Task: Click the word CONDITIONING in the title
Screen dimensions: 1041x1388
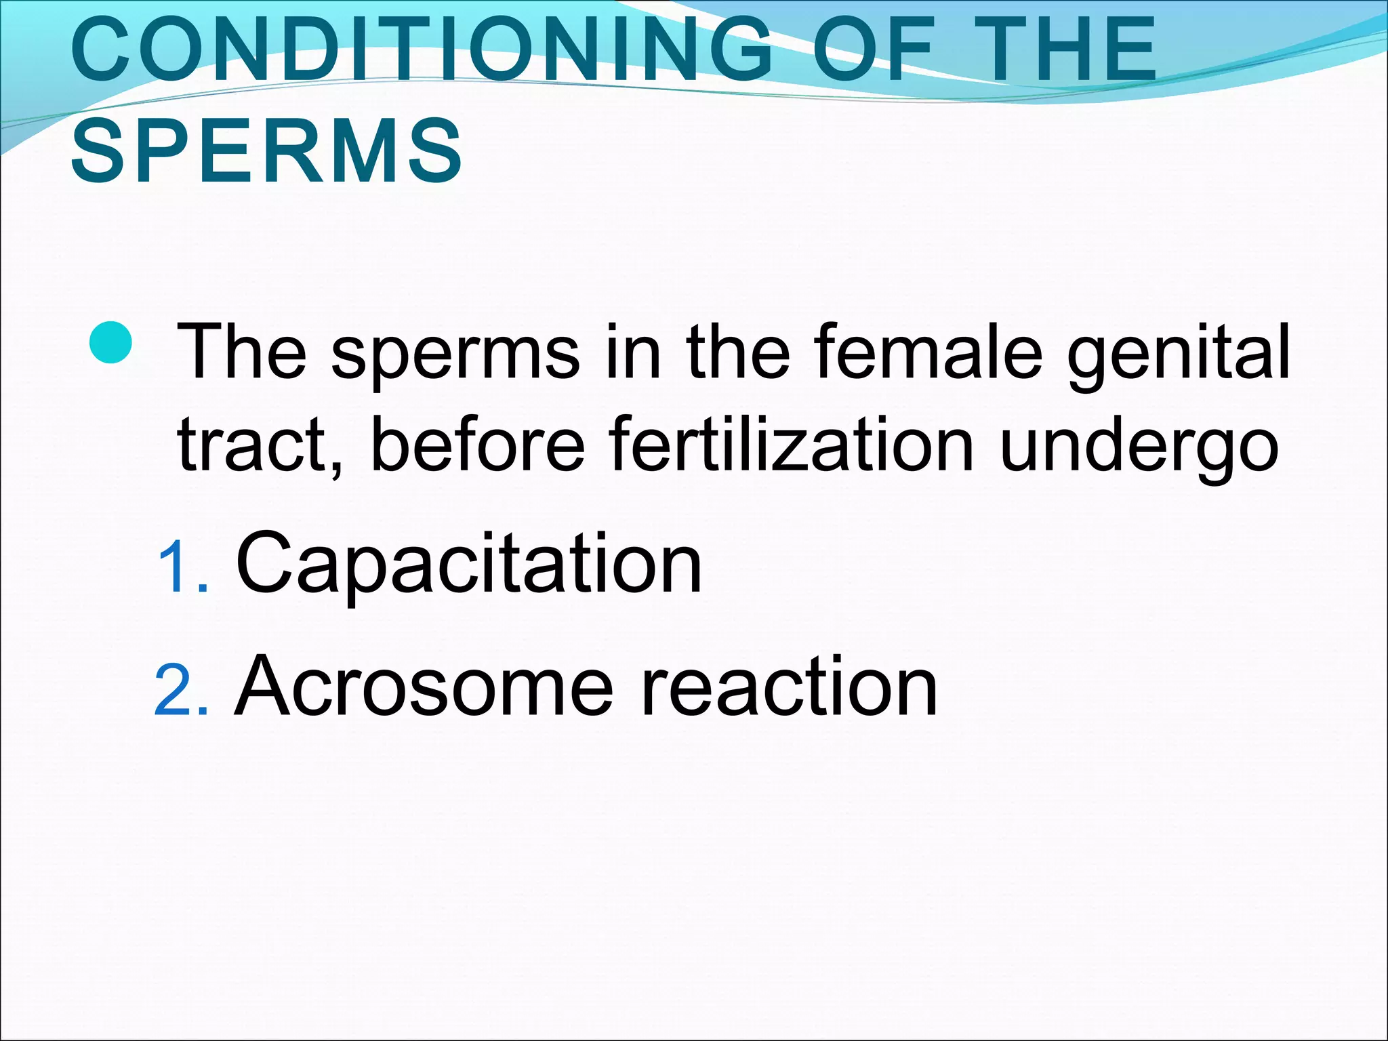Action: point(421,49)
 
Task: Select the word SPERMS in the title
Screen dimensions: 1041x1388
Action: point(267,150)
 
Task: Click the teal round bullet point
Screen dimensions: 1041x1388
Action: point(110,342)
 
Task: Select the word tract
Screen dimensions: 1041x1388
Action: point(260,445)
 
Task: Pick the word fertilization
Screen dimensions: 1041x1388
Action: point(792,443)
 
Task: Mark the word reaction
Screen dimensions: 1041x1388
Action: point(789,687)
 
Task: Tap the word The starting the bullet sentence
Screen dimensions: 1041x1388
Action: point(242,352)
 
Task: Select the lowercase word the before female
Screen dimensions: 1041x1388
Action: point(738,352)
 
